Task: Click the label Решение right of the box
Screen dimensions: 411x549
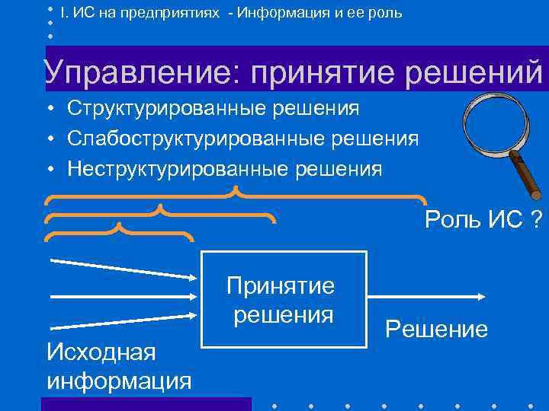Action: point(436,330)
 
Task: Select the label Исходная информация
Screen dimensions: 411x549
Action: point(118,366)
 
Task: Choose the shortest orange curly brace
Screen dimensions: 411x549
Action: point(119,231)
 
